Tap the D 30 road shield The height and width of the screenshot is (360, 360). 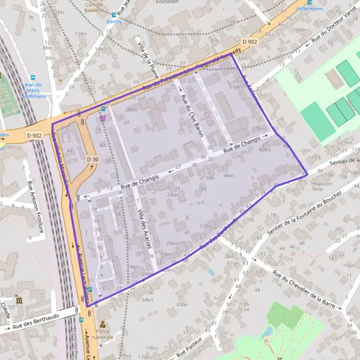92,159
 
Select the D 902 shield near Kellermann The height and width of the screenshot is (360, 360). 250,41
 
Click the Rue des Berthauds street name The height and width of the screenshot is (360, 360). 35,319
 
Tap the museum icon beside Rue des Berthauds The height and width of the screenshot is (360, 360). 19,300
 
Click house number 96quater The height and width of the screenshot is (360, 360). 322,183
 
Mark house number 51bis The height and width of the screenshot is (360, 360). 206,226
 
